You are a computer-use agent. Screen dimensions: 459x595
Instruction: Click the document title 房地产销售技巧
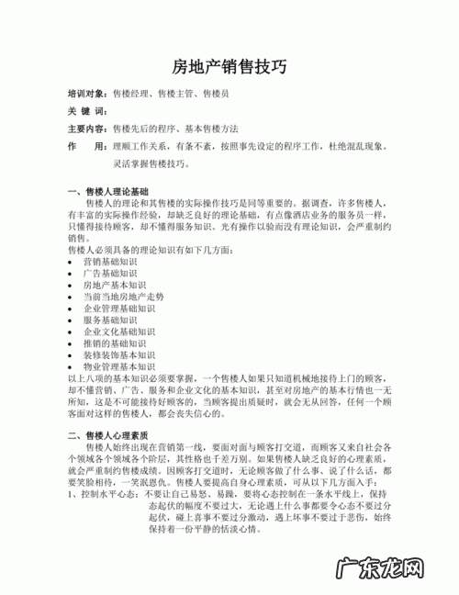(229, 66)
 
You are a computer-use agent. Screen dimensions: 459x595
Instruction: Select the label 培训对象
(88, 94)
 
